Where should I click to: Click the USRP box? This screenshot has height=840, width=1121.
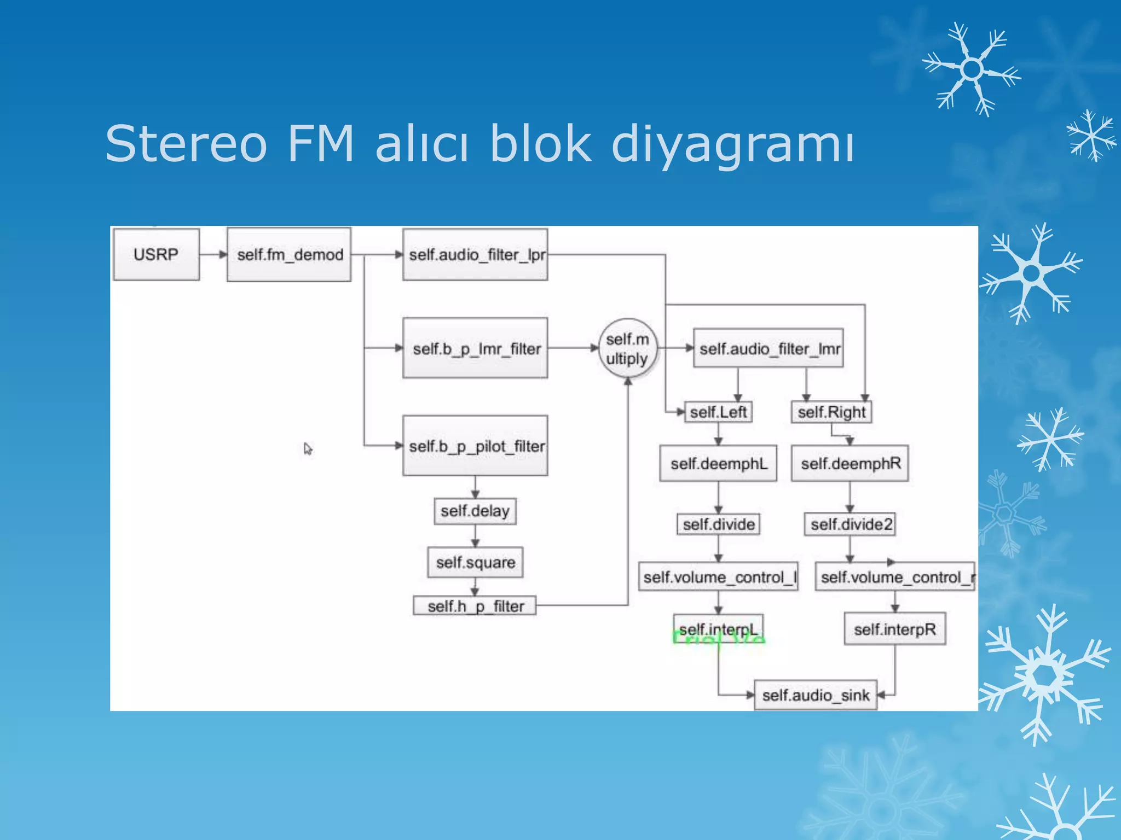tap(156, 254)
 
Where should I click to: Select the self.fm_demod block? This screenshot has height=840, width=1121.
tap(289, 255)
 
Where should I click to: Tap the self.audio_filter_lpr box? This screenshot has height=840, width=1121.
tap(475, 255)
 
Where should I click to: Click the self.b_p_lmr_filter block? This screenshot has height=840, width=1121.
tap(475, 348)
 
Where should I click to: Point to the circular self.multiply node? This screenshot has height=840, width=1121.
tap(627, 349)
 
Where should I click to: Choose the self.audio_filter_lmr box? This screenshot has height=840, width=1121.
tap(768, 348)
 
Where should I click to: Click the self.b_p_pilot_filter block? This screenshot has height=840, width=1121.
tap(475, 446)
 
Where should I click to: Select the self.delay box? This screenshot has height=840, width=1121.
tap(475, 511)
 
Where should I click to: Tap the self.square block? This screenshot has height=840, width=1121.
tap(475, 562)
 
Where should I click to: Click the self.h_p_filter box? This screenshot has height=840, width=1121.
tap(475, 606)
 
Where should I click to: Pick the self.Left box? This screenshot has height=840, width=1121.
tap(718, 412)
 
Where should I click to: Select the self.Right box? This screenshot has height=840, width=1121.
tap(831, 412)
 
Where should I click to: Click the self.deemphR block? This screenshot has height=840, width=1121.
tap(850, 464)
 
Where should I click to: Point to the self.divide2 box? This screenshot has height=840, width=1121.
tap(850, 524)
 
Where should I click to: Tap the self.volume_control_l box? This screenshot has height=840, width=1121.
tap(718, 577)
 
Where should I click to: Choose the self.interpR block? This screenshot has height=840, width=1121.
tap(894, 629)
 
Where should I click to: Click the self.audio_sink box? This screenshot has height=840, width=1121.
tap(816, 695)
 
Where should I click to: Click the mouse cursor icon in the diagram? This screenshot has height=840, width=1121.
tap(308, 449)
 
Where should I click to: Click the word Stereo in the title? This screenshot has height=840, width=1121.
tap(186, 143)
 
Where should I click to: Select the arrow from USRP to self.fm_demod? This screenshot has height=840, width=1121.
tap(213, 254)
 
